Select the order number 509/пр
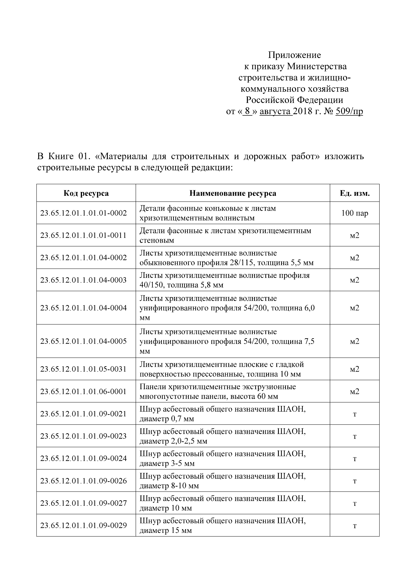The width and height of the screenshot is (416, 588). coord(349,111)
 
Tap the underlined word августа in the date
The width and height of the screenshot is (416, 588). coord(276,112)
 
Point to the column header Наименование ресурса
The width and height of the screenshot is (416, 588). coord(233,193)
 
